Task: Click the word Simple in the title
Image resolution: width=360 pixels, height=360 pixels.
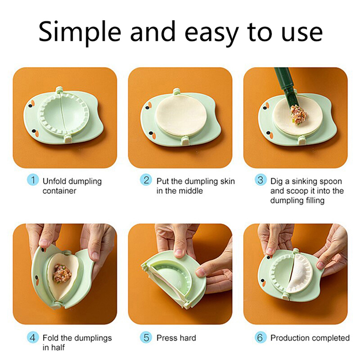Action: [x=80, y=32]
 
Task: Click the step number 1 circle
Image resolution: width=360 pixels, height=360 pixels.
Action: [x=33, y=180]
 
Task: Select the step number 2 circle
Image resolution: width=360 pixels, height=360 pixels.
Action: [x=146, y=180]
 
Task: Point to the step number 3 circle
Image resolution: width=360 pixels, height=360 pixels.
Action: [x=261, y=180]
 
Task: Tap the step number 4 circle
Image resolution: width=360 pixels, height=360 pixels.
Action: [x=33, y=337]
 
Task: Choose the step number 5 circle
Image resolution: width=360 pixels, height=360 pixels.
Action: [x=146, y=337]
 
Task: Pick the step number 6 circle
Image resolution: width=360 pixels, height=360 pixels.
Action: [x=261, y=337]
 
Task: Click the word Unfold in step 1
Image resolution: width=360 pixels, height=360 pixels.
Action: [x=54, y=181]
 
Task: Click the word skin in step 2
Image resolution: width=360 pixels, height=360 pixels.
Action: [x=228, y=181]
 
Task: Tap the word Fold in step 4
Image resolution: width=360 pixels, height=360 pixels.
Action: [x=50, y=338]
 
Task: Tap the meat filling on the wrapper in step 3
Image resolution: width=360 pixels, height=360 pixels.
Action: [x=298, y=114]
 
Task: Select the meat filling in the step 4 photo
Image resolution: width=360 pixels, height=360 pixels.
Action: [x=62, y=273]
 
